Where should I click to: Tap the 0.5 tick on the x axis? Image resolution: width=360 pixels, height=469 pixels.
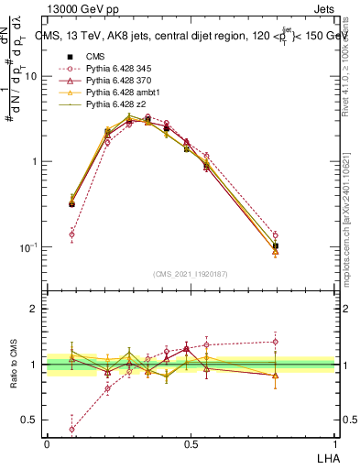(190, 443)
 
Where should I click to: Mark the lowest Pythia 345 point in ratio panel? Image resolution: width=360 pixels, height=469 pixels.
(72, 429)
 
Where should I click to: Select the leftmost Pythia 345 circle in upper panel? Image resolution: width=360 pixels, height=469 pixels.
(72, 234)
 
